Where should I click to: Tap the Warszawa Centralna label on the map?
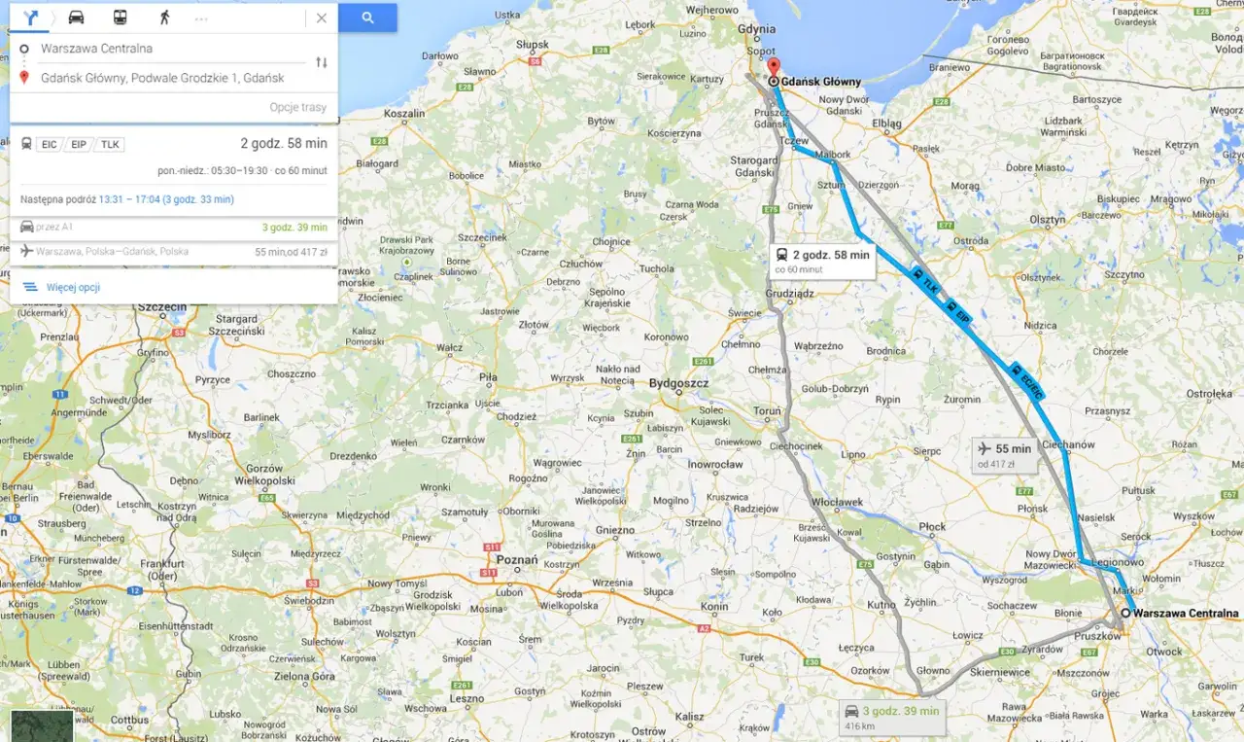(x=1186, y=614)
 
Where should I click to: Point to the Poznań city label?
(x=516, y=560)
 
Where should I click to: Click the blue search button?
(x=367, y=18)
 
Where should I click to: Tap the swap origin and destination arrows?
(x=322, y=62)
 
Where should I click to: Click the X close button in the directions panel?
(x=322, y=18)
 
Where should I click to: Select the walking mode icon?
(x=164, y=18)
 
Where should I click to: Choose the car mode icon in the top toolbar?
(x=76, y=18)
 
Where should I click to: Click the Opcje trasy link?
(x=297, y=107)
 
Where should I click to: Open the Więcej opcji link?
(x=73, y=287)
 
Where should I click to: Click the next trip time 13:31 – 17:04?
(x=165, y=199)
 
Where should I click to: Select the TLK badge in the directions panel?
(x=111, y=145)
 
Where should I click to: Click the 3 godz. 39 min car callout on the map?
(x=893, y=717)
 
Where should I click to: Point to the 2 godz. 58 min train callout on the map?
(x=822, y=260)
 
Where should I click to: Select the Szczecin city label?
(x=161, y=307)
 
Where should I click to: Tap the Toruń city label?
(x=767, y=411)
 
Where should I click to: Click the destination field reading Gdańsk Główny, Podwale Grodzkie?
(x=162, y=78)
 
